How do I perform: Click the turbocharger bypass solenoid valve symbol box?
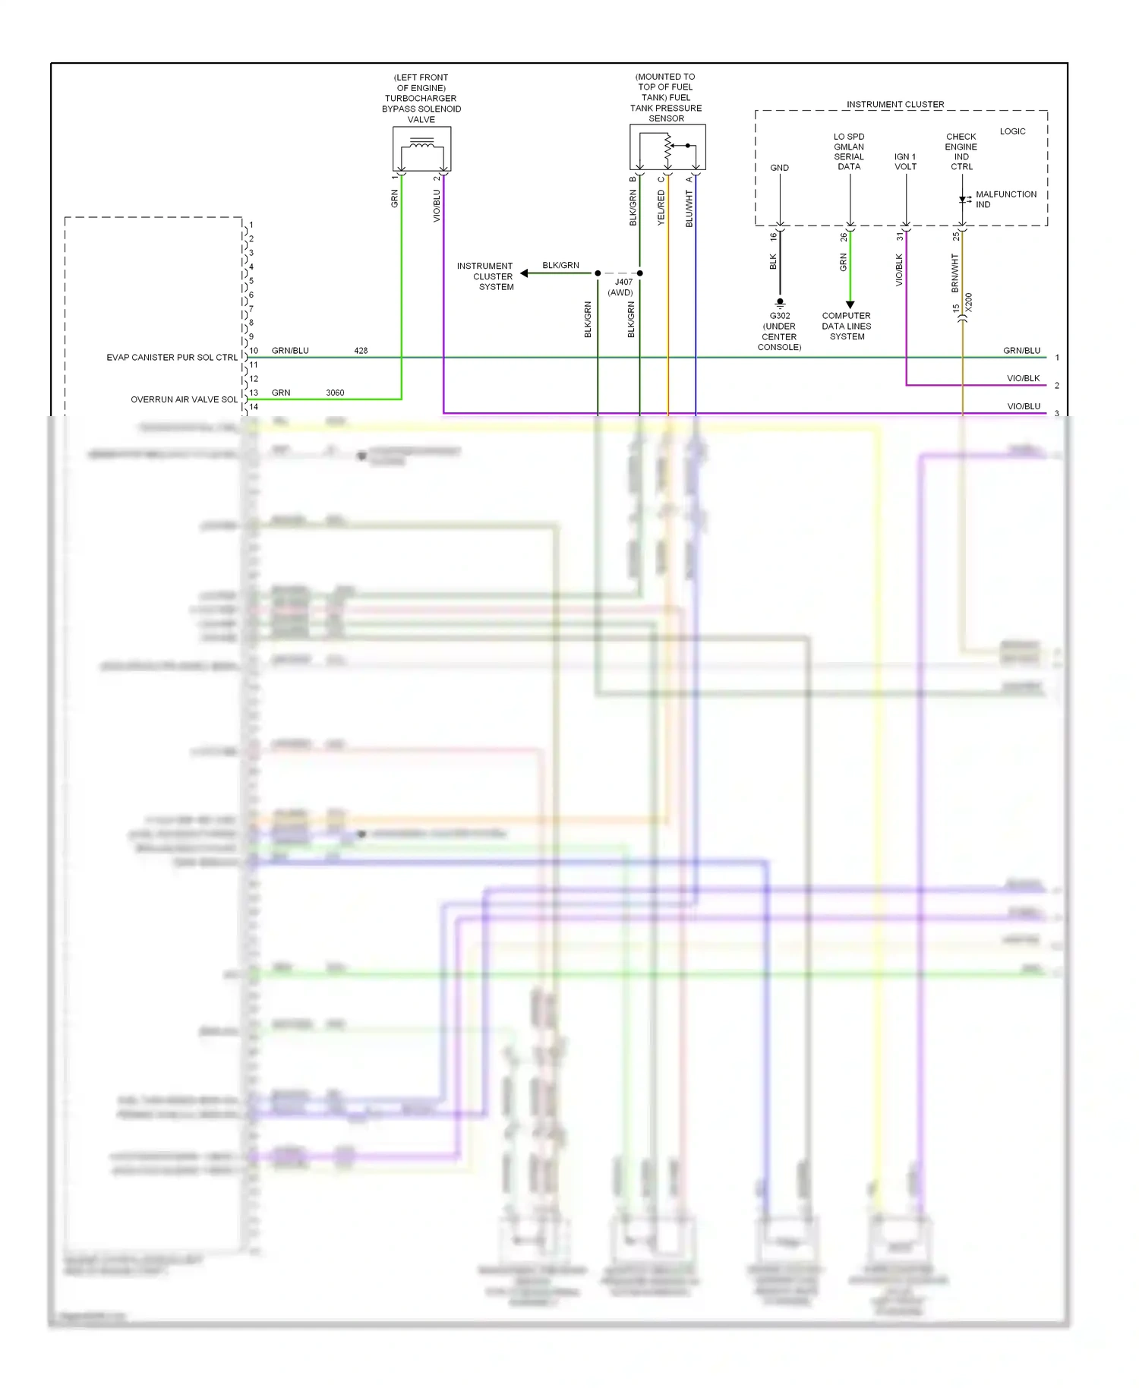click(x=421, y=149)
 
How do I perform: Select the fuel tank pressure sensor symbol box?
click(x=667, y=147)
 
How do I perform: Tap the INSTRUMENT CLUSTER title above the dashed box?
click(x=895, y=104)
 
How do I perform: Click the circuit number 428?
click(x=361, y=351)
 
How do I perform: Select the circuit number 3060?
click(x=335, y=393)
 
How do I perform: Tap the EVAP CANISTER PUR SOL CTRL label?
click(x=172, y=357)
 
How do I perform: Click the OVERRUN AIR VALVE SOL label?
click(x=184, y=399)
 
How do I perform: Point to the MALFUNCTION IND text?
click(x=1005, y=199)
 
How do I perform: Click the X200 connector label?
click(x=968, y=302)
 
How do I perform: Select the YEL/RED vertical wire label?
click(x=661, y=207)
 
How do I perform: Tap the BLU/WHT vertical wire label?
click(x=689, y=209)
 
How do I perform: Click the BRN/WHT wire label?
click(x=954, y=273)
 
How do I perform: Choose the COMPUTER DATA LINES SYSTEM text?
click(x=847, y=326)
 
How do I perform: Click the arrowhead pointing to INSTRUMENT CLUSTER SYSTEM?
click(x=524, y=273)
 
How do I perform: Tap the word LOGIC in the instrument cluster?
click(x=1012, y=131)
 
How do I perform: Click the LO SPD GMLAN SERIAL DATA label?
click(x=849, y=152)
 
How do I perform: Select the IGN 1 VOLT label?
click(x=905, y=162)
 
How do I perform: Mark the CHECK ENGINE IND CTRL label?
click(x=961, y=152)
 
